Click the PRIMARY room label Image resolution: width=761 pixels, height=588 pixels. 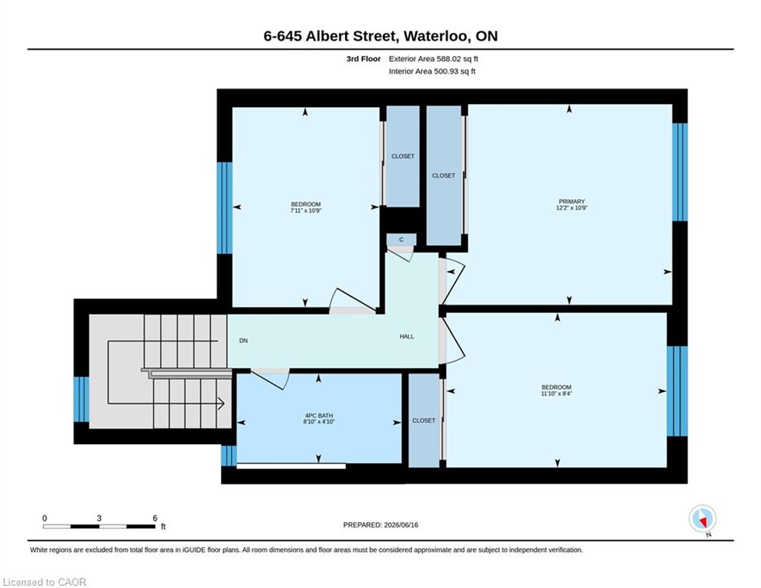[572, 201]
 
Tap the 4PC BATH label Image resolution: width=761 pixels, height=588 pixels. [319, 416]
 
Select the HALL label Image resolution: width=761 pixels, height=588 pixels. [407, 336]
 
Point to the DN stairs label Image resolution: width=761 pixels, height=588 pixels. [244, 341]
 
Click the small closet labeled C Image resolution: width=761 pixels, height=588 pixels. [402, 240]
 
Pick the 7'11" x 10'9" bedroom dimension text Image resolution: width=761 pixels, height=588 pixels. [306, 211]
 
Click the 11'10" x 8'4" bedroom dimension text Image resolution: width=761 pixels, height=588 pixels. [556, 394]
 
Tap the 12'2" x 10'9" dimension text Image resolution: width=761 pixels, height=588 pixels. [572, 208]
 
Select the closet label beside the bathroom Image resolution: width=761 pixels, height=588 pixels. [424, 420]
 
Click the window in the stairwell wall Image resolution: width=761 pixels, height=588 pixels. [81, 400]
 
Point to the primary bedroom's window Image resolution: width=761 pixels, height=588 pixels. [680, 172]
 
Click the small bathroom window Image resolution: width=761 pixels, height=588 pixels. [229, 456]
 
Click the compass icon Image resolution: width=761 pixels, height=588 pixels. [702, 520]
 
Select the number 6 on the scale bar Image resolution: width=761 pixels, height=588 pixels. [154, 518]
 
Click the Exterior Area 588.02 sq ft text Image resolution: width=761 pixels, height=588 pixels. [434, 59]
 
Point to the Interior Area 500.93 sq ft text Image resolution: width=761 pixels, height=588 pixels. [432, 71]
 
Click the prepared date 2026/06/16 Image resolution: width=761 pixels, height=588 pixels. [401, 524]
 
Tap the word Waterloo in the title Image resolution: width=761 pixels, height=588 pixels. [436, 37]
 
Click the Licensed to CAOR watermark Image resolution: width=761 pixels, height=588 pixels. [44, 582]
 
